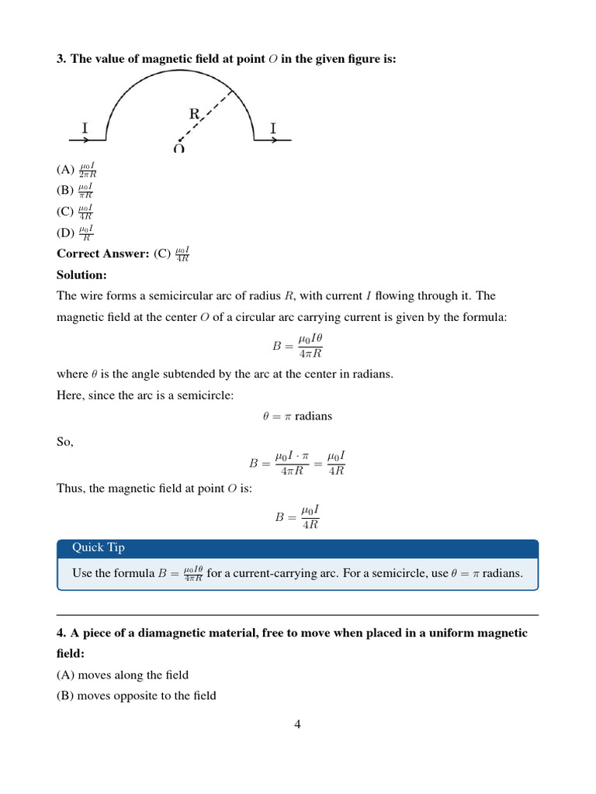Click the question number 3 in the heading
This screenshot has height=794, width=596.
(61, 59)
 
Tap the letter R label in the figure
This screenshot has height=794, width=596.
(195, 114)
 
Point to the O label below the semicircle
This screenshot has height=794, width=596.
(179, 148)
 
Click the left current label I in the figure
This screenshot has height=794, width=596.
(85, 128)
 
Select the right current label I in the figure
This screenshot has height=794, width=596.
(272, 128)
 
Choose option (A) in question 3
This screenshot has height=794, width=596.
(76, 170)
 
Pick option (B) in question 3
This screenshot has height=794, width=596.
(75, 190)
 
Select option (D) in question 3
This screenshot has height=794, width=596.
(75, 232)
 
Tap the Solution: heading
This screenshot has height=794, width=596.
(81, 274)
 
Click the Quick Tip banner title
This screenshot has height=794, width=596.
(99, 547)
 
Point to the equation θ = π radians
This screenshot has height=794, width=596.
(297, 416)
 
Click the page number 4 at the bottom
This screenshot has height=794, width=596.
(297, 724)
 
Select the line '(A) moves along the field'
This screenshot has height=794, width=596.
(123, 675)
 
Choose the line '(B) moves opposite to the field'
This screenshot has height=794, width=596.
(137, 695)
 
